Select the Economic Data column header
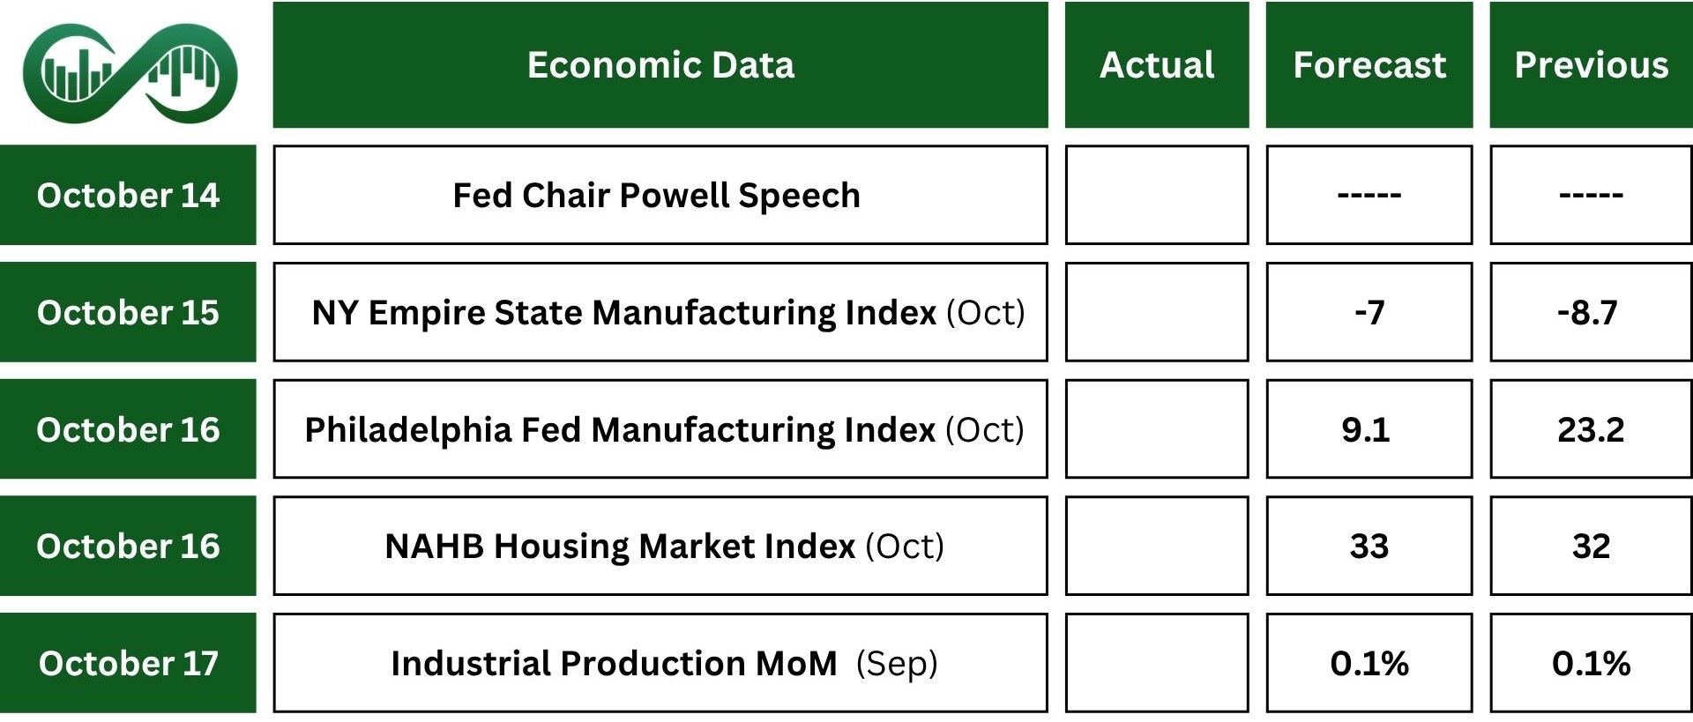(x=660, y=64)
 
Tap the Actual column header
(x=1157, y=64)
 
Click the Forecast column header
(x=1369, y=64)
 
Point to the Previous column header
(x=1591, y=64)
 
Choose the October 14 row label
(x=128, y=195)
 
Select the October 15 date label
(x=128, y=312)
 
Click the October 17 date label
(x=128, y=663)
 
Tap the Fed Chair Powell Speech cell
(x=660, y=195)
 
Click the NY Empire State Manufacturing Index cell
(x=660, y=312)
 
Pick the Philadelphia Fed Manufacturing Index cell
(x=660, y=429)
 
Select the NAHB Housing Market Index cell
(x=660, y=546)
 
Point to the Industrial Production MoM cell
(x=660, y=663)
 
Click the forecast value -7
(x=1369, y=312)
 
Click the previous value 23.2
(x=1591, y=429)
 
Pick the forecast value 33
(x=1369, y=546)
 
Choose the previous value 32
(x=1591, y=546)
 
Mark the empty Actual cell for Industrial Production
(x=1157, y=663)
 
